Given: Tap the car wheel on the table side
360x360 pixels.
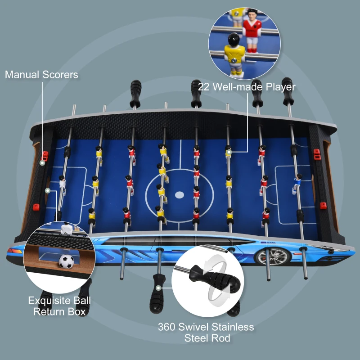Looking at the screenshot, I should [x=265, y=255].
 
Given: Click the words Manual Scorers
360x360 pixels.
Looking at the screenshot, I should [x=41, y=75].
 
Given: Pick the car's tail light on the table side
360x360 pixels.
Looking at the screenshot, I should [x=14, y=250].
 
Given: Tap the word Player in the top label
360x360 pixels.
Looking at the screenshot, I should [x=279, y=87].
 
